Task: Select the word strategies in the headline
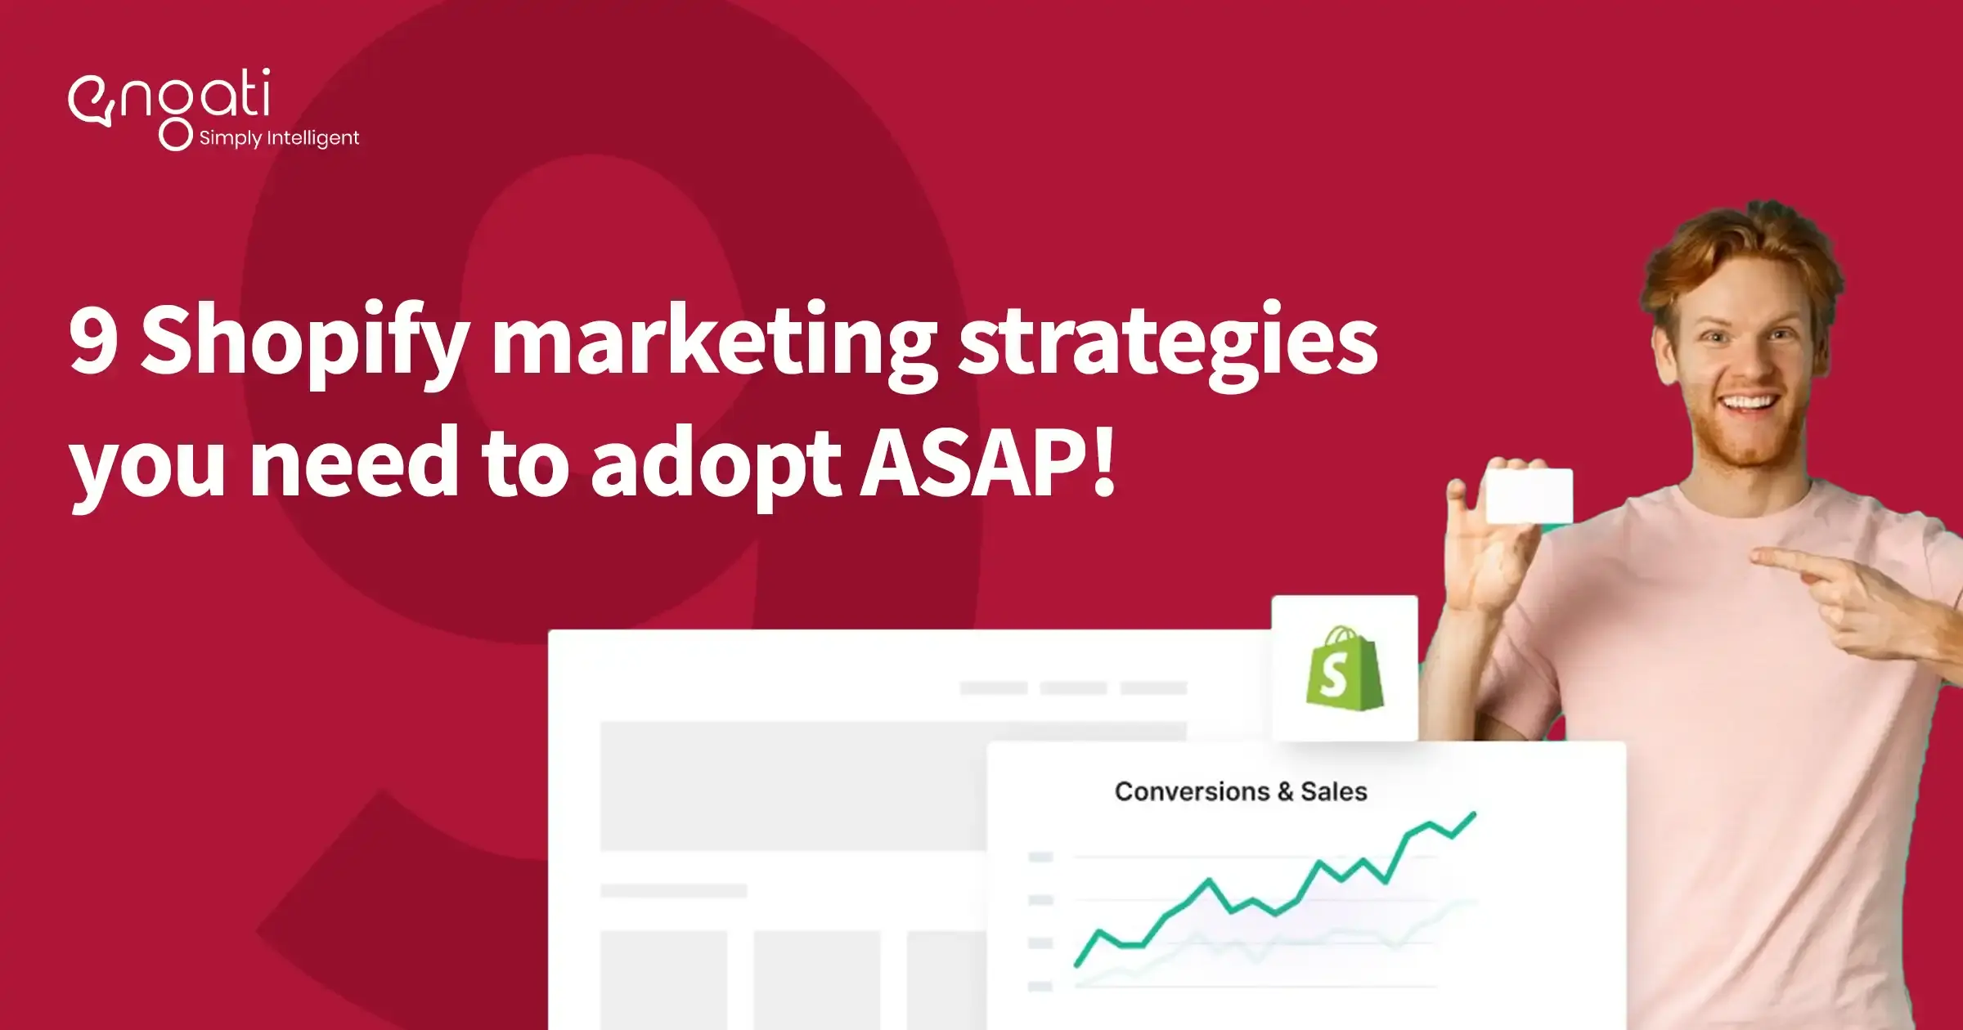[x=1168, y=342]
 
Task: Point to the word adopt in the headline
[x=715, y=464]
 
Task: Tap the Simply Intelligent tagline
[x=279, y=138]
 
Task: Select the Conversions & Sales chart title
[x=1240, y=791]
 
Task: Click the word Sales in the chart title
[x=1333, y=791]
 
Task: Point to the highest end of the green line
[x=1474, y=813]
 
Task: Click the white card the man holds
[x=1528, y=495]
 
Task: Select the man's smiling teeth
[x=1748, y=403]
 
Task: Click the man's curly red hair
[x=1742, y=245]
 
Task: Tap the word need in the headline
[x=354, y=464]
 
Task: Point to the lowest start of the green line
[x=1077, y=965]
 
